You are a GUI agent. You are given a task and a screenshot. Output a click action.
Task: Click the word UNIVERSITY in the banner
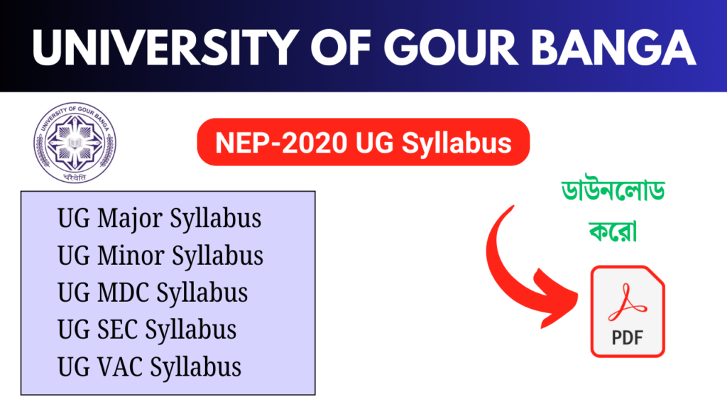pos(165,48)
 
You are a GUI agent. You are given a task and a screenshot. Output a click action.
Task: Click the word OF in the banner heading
pos(341,48)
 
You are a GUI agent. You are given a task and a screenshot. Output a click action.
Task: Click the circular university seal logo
pos(75,142)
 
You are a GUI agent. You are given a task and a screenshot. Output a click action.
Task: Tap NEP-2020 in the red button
pos(281,142)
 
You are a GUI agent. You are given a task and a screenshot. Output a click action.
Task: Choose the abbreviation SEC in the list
pos(118,329)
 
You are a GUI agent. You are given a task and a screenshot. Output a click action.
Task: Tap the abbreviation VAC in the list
pos(120,367)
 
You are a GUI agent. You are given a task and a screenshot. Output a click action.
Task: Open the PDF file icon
pos(628,311)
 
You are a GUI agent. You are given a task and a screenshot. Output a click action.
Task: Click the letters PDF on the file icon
pos(628,337)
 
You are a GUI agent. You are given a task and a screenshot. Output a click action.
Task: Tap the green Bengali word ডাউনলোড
pos(613,190)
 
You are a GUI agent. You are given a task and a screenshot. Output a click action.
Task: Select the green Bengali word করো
pos(613,230)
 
